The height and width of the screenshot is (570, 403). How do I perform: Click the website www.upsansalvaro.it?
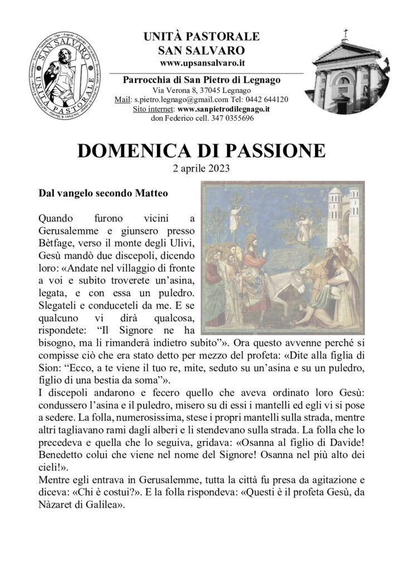pyautogui.click(x=201, y=64)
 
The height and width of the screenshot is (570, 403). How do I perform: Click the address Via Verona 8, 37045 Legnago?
pyautogui.click(x=201, y=90)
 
